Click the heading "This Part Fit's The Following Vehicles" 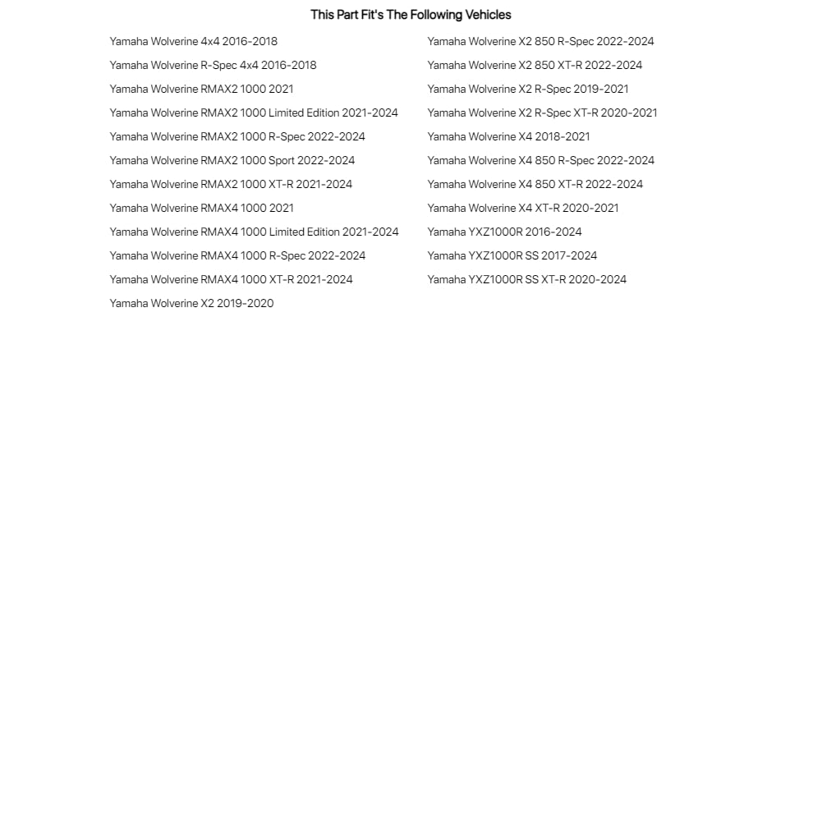pos(411,15)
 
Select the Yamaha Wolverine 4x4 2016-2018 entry pos(193,41)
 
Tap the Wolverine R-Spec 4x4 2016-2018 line pos(213,65)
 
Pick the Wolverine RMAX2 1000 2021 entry pos(201,89)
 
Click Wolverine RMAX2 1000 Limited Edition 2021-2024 pos(254,113)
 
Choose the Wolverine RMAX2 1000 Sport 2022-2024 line pos(232,160)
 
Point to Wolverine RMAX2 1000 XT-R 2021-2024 pos(231,184)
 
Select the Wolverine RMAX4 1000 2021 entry pos(201,208)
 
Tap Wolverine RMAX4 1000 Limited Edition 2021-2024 pos(254,232)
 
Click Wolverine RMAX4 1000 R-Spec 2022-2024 pos(237,255)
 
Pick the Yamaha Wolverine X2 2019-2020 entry pos(191,303)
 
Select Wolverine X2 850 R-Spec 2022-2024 pos(540,41)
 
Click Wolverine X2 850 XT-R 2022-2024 pos(535,65)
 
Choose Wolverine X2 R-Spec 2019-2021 pos(528,89)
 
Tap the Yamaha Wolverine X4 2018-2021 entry pos(508,136)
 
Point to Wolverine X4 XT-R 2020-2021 pos(523,208)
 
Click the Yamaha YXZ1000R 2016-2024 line pos(504,232)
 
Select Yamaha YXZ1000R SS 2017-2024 pos(512,255)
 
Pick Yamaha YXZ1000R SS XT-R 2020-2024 pos(526,279)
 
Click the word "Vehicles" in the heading pos(489,15)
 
